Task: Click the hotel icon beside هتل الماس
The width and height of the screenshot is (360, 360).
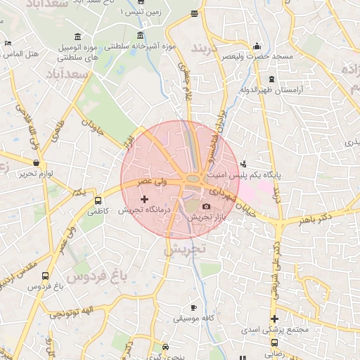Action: pos(7,43)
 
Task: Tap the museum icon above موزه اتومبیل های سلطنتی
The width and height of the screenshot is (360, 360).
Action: pos(77,37)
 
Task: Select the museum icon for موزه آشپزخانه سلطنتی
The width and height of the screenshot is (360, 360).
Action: pos(141,36)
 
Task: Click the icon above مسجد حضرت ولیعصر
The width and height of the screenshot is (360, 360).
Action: pos(257,46)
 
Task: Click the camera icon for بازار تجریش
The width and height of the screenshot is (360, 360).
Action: pos(206,206)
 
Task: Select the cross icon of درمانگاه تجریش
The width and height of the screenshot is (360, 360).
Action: pos(145,200)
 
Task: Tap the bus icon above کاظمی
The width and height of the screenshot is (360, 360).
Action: pos(98,200)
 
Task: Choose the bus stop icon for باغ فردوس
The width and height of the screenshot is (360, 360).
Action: pos(46,276)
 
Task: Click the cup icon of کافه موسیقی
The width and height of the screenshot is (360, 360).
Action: pos(194,308)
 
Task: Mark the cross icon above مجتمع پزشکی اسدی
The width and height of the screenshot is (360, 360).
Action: pos(274,319)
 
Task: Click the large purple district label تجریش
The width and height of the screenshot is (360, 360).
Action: pos(184,249)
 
